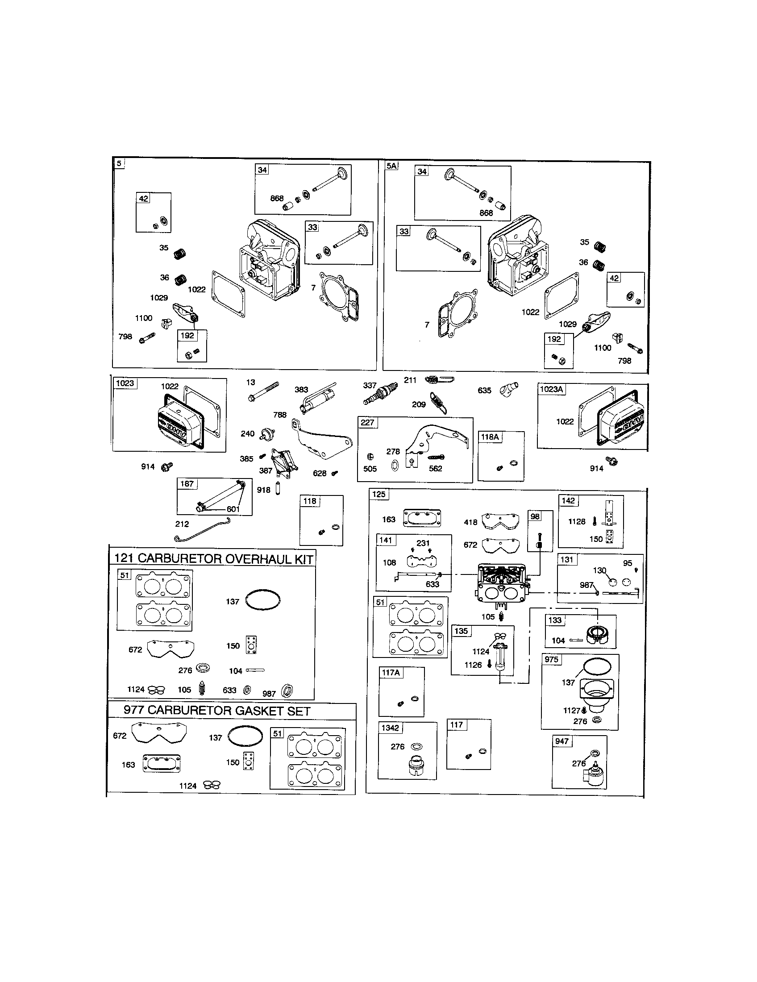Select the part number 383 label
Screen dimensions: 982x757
tap(301, 389)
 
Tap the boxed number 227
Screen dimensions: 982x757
tap(367, 422)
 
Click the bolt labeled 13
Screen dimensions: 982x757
tap(263, 391)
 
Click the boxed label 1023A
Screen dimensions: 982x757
tap(551, 389)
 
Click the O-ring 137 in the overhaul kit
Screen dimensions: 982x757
tap(263, 599)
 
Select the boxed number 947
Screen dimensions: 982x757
tap(562, 741)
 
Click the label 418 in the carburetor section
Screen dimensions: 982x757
tap(470, 522)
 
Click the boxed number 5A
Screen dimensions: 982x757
tap(391, 166)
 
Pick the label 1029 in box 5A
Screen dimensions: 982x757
tap(567, 324)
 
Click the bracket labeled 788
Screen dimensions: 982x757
tap(319, 438)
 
